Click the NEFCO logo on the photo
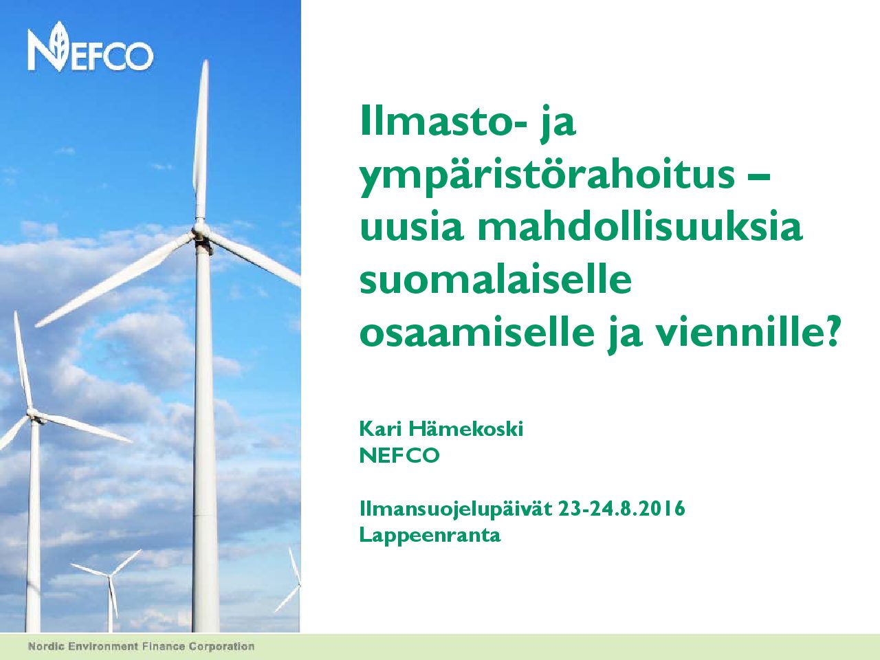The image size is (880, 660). coord(90,47)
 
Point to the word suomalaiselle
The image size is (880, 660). coord(496,279)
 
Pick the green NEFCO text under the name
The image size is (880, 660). coord(399,456)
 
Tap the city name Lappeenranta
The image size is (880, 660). coord(430,536)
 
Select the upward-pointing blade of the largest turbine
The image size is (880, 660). coord(201,140)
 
